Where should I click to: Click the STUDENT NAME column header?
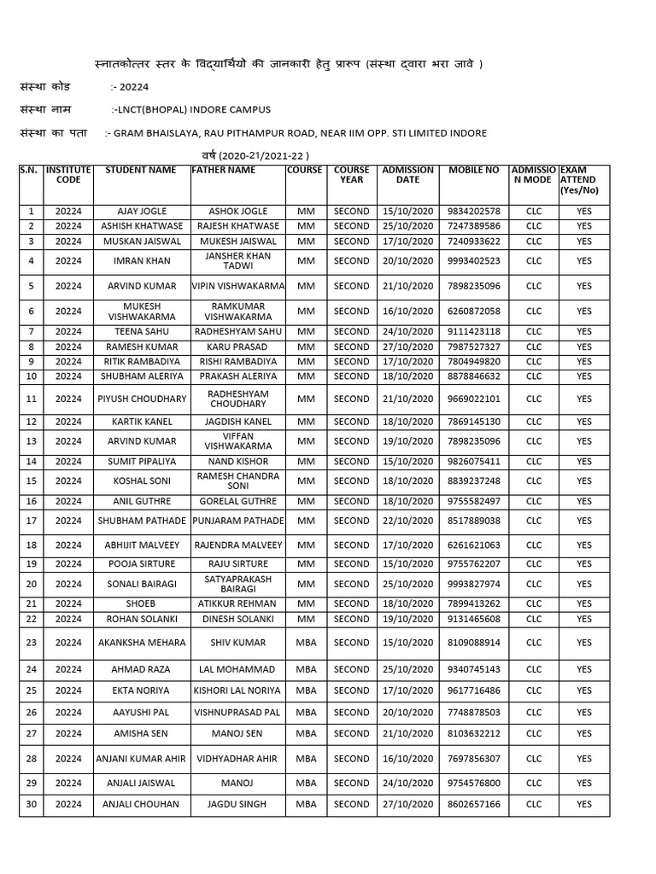click(140, 170)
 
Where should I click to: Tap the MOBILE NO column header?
click(473, 170)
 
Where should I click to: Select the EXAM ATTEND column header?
click(583, 180)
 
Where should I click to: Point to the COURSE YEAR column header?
click(351, 175)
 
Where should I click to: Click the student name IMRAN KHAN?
click(141, 261)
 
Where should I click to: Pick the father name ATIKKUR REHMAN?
click(237, 603)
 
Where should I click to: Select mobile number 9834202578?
click(473, 211)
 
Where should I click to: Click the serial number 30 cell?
click(31, 804)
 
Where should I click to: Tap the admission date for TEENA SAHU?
click(407, 331)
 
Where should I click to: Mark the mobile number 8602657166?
click(473, 804)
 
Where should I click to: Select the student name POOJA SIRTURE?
click(141, 563)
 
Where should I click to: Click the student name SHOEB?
click(141, 603)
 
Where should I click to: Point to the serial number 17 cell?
click(31, 521)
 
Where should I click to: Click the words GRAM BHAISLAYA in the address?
click(163, 133)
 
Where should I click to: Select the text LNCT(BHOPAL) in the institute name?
click(154, 110)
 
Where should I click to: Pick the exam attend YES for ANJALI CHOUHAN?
click(583, 804)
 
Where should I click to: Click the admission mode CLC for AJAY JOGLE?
click(533, 211)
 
